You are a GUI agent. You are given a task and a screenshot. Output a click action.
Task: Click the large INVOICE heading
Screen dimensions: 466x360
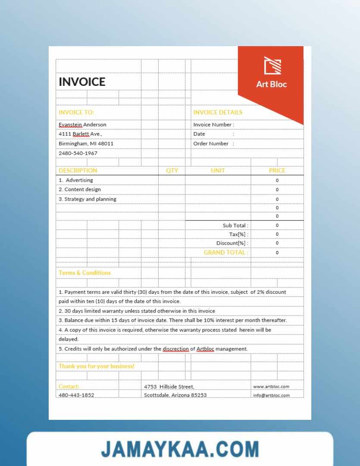82,82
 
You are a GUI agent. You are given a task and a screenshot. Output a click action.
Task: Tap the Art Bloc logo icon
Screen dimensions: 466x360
272,66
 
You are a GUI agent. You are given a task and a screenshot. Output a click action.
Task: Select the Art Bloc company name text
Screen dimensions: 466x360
271,84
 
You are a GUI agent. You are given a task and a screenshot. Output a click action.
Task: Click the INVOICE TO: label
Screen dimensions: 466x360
76,112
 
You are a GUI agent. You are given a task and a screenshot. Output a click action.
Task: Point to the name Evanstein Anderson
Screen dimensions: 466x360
82,125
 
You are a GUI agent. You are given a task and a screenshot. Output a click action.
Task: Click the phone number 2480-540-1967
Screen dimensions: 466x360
78,153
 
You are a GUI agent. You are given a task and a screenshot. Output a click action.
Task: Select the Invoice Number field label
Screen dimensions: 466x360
213,125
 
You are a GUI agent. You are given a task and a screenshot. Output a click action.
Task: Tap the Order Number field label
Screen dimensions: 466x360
211,144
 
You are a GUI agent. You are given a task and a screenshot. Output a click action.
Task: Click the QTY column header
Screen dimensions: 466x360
172,170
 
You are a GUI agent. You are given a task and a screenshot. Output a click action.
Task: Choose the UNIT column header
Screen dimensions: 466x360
218,170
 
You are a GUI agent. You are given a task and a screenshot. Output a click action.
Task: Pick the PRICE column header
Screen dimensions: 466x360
277,170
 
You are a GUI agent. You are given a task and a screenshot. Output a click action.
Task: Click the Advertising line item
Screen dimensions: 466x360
76,180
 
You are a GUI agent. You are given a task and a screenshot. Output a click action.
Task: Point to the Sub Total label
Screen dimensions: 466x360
235,225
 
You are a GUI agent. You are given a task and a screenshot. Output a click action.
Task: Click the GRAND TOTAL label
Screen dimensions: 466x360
225,252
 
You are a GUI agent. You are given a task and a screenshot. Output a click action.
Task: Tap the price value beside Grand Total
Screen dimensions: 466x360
277,253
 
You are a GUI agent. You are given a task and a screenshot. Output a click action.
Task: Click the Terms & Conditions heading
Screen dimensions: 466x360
85,273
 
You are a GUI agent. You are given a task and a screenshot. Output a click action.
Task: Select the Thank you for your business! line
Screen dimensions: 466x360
97,366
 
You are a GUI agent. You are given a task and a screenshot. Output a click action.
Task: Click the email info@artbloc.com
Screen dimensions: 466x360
271,395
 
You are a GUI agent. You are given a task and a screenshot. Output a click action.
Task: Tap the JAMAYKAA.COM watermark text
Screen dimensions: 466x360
180,449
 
